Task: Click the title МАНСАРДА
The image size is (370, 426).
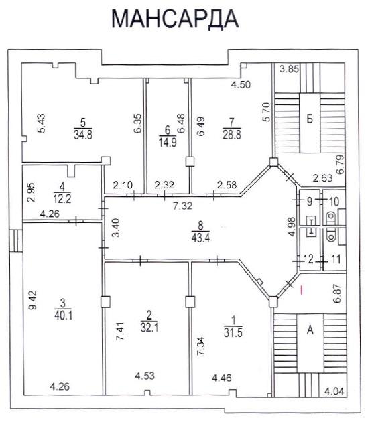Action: pyautogui.click(x=175, y=19)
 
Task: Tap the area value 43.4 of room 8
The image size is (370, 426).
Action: pyautogui.click(x=200, y=238)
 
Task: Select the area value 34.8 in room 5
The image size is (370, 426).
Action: pyautogui.click(x=83, y=135)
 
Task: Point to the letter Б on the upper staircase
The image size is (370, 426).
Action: pyautogui.click(x=310, y=119)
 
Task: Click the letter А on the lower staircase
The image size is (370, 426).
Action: pyautogui.click(x=310, y=330)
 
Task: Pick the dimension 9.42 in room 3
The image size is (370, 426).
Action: pyautogui.click(x=33, y=300)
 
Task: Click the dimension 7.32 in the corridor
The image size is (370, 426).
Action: pyautogui.click(x=183, y=206)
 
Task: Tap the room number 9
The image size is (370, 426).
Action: pyautogui.click(x=310, y=202)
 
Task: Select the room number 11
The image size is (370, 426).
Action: pyautogui.click(x=336, y=259)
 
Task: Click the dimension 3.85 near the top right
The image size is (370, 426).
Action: pyautogui.click(x=290, y=69)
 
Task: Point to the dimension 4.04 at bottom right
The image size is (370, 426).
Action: pyautogui.click(x=334, y=391)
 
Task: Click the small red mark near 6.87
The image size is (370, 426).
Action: pyautogui.click(x=301, y=289)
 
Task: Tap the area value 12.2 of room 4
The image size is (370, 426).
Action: pyautogui.click(x=62, y=199)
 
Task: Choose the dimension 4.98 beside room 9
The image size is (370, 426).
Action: pyautogui.click(x=292, y=227)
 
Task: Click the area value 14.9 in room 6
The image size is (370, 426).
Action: pyautogui.click(x=168, y=142)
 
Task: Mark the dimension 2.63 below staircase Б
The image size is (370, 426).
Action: pyautogui.click(x=322, y=178)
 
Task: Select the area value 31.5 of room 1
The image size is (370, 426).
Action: pyautogui.click(x=233, y=332)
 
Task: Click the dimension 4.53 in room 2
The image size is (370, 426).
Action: pyautogui.click(x=145, y=376)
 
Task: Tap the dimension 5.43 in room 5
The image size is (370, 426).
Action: pyautogui.click(x=42, y=123)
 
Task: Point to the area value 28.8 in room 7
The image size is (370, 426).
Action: pyautogui.click(x=232, y=135)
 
